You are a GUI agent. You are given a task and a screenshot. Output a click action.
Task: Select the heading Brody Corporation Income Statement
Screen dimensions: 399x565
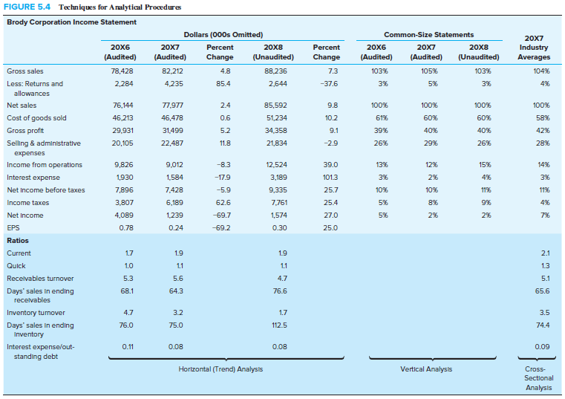(x=71, y=22)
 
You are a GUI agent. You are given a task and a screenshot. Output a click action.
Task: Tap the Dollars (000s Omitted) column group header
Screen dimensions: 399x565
(x=222, y=35)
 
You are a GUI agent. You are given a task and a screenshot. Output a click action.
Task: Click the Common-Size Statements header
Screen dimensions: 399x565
(x=428, y=35)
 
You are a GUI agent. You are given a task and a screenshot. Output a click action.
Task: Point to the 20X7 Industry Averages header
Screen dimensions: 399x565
(x=533, y=47)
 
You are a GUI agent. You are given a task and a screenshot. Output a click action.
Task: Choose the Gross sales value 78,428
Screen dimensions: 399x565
(x=120, y=71)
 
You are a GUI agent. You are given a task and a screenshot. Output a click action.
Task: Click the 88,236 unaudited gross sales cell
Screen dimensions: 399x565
(x=275, y=71)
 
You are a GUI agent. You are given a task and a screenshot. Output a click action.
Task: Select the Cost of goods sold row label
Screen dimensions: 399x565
(x=36, y=117)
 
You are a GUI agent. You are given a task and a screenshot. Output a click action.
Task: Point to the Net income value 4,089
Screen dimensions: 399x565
(x=123, y=215)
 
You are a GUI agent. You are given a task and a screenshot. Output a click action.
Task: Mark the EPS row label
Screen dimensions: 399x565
(x=13, y=227)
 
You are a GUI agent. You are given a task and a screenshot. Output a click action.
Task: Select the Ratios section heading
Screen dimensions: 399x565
(x=17, y=241)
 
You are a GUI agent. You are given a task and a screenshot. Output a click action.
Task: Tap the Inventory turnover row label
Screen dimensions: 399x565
(x=36, y=313)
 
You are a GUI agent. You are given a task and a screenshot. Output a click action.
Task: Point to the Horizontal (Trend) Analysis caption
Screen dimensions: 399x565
(x=221, y=369)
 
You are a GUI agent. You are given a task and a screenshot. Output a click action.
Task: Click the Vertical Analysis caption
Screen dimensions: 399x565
(x=428, y=369)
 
